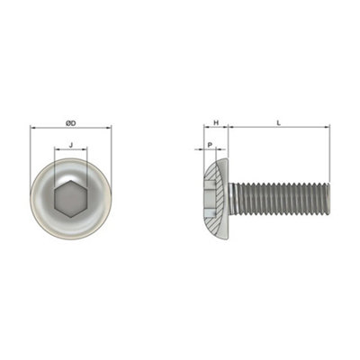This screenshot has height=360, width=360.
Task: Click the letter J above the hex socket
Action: [x=71, y=144]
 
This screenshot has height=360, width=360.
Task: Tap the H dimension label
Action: [x=216, y=121]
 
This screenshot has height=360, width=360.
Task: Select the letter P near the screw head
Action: [x=209, y=144]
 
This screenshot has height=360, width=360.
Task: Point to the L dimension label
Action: [x=278, y=121]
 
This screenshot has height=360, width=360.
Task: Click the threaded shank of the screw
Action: [x=279, y=199]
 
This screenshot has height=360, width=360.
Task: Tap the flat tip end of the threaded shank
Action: [x=328, y=199]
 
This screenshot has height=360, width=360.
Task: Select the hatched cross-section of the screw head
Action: [x=220, y=199]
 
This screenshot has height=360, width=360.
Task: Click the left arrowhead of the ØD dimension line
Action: [x=33, y=129]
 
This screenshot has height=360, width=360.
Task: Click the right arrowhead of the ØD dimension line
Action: [x=110, y=129]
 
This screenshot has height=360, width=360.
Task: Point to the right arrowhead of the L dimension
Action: [x=328, y=129]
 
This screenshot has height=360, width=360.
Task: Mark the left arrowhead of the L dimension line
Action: [x=230, y=129]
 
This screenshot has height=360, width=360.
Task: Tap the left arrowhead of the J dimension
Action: [x=56, y=151]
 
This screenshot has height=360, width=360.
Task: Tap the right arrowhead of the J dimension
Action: [x=87, y=151]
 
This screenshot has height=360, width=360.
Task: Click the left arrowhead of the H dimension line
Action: [x=206, y=129]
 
